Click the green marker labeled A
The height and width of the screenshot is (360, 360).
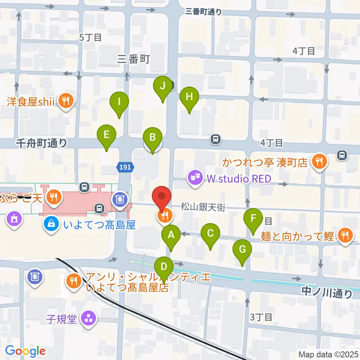click(171, 235)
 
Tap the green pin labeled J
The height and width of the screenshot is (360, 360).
click(162, 86)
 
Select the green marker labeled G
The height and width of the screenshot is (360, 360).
click(242, 249)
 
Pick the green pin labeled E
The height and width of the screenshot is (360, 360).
click(106, 134)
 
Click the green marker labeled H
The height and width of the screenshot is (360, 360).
click(189, 97)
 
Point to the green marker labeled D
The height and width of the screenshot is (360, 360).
click(164, 267)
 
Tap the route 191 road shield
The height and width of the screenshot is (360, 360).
click(125, 167)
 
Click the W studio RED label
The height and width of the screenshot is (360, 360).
click(238, 179)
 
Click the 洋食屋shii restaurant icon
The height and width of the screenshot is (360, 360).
click(66, 100)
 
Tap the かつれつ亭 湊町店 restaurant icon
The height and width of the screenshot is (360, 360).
click(319, 162)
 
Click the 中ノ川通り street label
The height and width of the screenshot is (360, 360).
click(327, 292)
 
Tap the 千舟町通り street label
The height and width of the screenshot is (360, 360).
click(42, 142)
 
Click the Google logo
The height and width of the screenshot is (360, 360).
click(25, 351)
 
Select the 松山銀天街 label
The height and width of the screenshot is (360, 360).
click(202, 207)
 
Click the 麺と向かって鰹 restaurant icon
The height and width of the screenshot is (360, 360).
click(344, 235)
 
